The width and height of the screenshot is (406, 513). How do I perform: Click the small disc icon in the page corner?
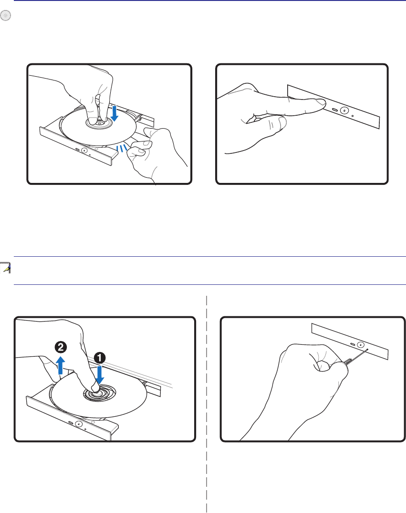click(x=6, y=15)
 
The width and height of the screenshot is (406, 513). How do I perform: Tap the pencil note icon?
click(x=6, y=268)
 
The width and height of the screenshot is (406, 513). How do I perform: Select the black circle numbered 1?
click(x=100, y=358)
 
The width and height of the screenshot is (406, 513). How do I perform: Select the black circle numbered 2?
click(x=61, y=347)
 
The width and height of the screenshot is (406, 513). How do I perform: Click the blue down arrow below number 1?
click(x=100, y=374)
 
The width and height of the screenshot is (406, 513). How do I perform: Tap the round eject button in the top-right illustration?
click(x=344, y=110)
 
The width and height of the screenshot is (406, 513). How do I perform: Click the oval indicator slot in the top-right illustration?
click(x=334, y=109)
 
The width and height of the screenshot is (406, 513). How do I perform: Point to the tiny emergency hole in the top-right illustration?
click(x=353, y=116)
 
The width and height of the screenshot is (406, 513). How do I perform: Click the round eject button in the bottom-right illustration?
click(x=361, y=344)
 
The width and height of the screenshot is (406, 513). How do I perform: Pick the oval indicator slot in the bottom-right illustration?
click(x=352, y=344)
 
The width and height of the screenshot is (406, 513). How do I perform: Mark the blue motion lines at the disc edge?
click(x=122, y=148)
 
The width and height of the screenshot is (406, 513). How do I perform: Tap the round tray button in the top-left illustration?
click(x=84, y=151)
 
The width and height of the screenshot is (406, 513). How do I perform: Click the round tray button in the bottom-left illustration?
click(x=78, y=424)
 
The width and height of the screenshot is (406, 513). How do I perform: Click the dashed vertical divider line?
click(x=207, y=404)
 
